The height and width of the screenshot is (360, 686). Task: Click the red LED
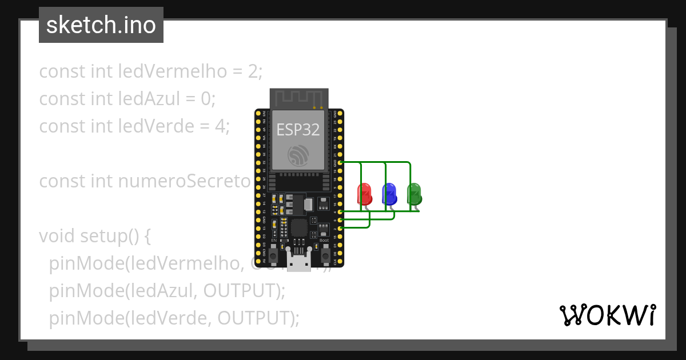[364, 194]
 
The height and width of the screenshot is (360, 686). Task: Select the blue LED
[389, 194]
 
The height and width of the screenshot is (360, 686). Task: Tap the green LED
[414, 194]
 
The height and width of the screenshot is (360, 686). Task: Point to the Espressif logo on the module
[298, 155]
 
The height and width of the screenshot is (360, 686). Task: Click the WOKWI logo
[607, 315]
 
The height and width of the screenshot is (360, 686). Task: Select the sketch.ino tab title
[101, 25]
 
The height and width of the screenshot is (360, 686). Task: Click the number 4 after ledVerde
[223, 126]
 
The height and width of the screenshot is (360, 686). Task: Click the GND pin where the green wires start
[341, 162]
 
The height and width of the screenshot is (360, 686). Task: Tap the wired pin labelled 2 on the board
[341, 229]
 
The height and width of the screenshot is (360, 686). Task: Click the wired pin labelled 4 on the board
[341, 212]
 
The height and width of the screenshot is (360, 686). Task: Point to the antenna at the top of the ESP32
[299, 98]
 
